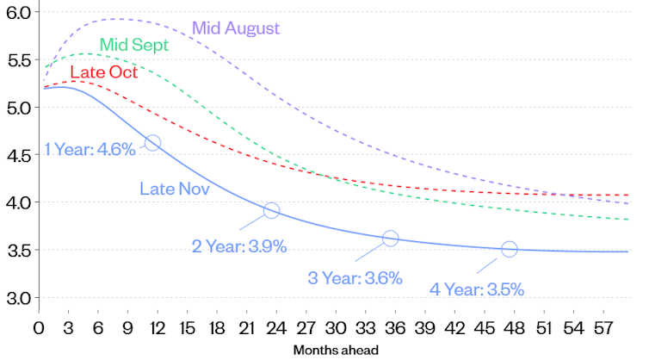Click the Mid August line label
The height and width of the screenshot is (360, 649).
point(236,28)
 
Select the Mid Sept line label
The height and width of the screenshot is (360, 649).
point(133,45)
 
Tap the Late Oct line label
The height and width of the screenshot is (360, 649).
point(103,72)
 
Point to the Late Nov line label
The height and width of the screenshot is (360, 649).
point(176,186)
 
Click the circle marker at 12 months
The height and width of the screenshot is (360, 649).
point(152,143)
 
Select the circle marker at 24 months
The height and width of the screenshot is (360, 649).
point(271,210)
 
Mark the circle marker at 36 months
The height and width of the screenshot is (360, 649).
point(390,239)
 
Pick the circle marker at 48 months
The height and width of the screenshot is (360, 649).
point(509,249)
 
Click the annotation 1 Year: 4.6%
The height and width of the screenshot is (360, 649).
point(90,150)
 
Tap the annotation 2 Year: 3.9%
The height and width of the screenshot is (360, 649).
point(238,246)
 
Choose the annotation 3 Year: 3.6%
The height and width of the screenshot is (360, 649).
point(355,277)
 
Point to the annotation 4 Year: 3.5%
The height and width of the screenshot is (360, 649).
point(476,289)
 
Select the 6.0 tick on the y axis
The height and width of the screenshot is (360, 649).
point(18,13)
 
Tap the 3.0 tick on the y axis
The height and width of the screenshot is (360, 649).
point(18,298)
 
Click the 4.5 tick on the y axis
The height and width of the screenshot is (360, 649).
point(18,156)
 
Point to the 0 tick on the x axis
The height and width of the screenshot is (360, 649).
point(39,327)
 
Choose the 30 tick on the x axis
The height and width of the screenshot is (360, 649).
point(336,327)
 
